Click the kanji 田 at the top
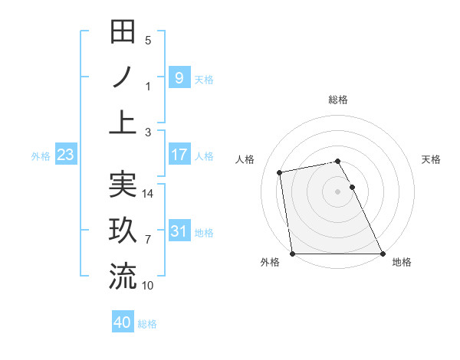123,33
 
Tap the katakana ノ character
123,77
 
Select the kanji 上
123,123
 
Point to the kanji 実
123,185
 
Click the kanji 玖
123,231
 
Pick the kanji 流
123,277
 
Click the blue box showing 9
179,77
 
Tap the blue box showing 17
179,155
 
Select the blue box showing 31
179,231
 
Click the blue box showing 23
65,155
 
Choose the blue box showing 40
123,323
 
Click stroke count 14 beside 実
148,194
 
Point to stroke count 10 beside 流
148,286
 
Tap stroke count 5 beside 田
148,41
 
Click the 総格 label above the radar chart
338,100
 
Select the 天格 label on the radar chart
432,159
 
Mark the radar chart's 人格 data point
280,172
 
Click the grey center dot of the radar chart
337,191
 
